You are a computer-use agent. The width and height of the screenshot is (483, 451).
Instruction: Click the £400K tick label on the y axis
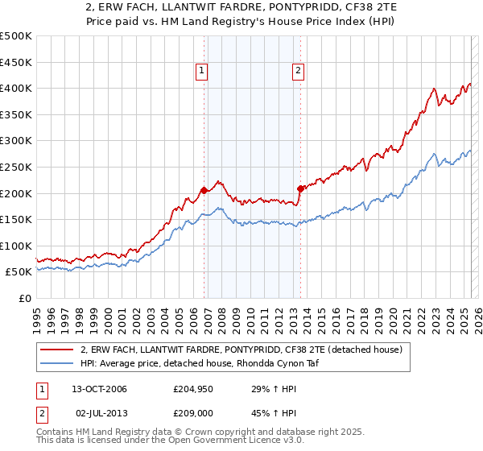tap(16, 88)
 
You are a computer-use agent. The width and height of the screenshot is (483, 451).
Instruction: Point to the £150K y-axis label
tap(16, 219)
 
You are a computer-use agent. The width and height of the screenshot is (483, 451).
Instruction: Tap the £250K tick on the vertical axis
tap(16, 167)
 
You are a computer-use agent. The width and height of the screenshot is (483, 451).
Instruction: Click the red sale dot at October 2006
tap(204, 191)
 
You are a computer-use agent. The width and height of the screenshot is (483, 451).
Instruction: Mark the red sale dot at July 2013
tap(299, 188)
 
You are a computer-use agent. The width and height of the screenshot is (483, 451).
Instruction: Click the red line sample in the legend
tap(57, 350)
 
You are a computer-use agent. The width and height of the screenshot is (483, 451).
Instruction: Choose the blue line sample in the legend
tap(57, 363)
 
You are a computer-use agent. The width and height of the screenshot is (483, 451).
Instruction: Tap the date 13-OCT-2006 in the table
tap(100, 390)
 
